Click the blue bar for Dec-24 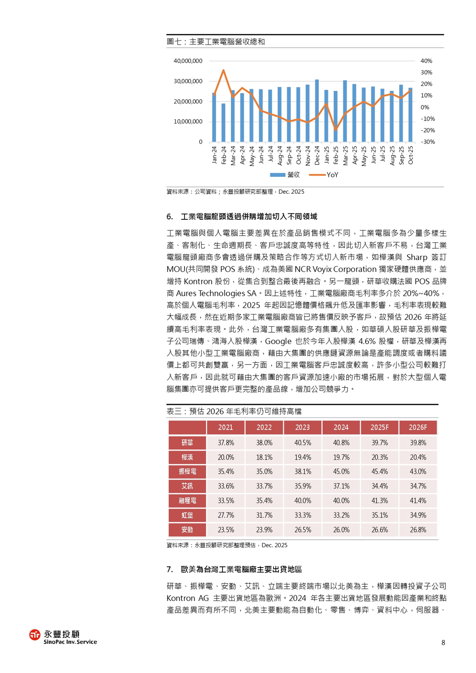[317, 111]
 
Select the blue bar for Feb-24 [223, 123]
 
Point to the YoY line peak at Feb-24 [223, 71]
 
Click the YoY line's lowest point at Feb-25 [336, 130]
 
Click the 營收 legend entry [285, 175]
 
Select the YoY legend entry [324, 175]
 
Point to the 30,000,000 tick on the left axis [188, 81]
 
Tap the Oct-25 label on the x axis [411, 155]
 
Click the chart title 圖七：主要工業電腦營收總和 [216, 42]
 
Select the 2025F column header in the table [379, 428]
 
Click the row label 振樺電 [187, 472]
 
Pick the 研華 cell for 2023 [303, 443]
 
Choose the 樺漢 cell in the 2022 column [264, 457]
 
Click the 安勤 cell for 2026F [418, 530]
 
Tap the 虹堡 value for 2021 [226, 515]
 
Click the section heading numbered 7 [234, 569]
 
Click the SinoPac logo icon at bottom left [35, 635]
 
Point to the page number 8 [443, 643]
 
